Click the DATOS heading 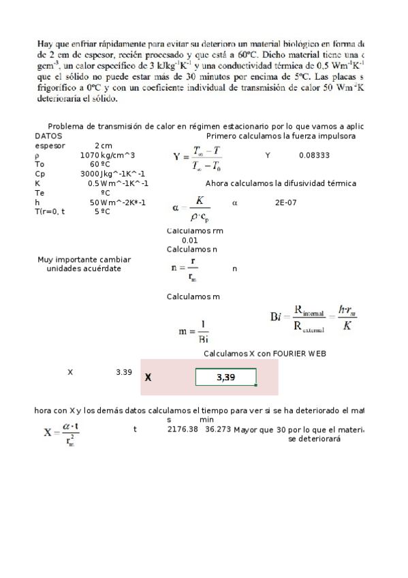(x=48, y=136)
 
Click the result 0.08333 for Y (x=314, y=155)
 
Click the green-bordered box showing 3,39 (x=225, y=377)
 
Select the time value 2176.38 (x=183, y=429)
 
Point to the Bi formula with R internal (x=314, y=318)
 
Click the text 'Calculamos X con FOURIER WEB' (x=265, y=353)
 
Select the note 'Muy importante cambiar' (x=84, y=260)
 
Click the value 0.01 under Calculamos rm (x=190, y=240)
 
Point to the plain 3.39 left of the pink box (x=123, y=372)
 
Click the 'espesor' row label (x=50, y=145)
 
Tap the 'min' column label (x=207, y=420)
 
